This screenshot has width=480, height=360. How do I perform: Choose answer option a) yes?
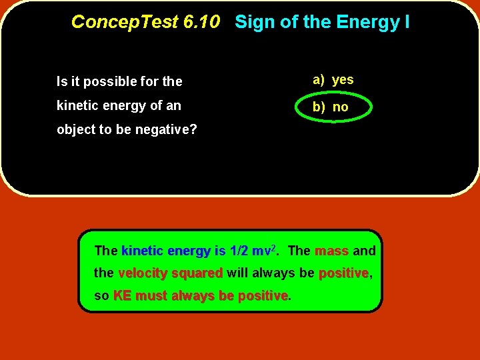point(333,79)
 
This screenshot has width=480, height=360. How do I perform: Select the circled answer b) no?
point(331,107)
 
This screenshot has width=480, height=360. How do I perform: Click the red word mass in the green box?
point(331,251)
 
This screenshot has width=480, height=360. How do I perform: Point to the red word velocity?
point(143,273)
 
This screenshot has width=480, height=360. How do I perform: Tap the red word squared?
point(197,273)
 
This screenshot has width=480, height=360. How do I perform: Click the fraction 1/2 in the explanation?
point(239,251)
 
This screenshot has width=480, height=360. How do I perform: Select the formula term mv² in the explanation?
point(264,251)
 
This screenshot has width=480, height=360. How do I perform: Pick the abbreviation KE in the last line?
point(122,295)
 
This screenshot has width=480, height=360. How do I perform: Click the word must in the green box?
point(150,295)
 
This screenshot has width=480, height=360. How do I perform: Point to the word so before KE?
point(101,295)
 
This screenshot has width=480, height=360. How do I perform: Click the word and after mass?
point(364,251)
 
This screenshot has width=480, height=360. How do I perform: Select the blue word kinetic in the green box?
point(142,251)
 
